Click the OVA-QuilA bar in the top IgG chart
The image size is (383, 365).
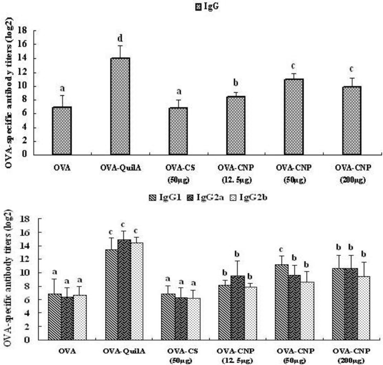point(120,106)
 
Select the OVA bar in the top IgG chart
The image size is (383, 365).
point(62,131)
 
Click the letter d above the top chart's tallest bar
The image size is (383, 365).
point(120,39)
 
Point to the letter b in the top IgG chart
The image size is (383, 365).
point(236,83)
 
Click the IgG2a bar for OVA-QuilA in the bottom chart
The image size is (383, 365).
point(124,290)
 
